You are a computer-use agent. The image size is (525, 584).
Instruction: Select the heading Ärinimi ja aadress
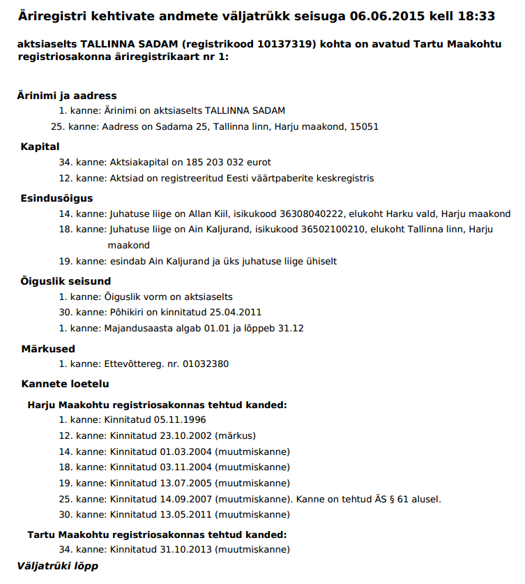click(x=67, y=96)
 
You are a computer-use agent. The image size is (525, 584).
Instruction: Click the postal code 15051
click(x=364, y=127)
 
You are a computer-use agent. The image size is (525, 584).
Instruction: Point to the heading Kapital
click(x=40, y=147)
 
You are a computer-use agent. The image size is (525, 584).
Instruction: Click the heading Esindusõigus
click(x=56, y=198)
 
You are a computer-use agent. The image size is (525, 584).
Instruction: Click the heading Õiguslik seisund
click(x=66, y=280)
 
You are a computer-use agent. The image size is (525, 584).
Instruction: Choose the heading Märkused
click(x=48, y=348)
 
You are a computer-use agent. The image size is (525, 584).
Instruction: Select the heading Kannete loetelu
click(x=66, y=384)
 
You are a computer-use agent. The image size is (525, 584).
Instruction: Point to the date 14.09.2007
click(x=186, y=499)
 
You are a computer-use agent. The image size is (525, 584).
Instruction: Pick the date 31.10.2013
click(x=186, y=549)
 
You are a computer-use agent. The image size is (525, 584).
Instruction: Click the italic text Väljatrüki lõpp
click(x=58, y=565)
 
